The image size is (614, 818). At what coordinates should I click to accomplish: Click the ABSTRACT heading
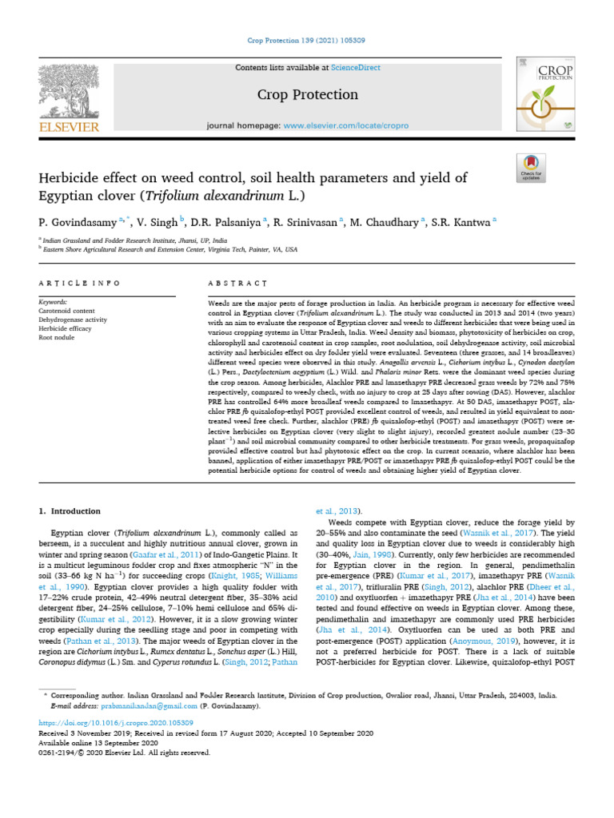click(237, 284)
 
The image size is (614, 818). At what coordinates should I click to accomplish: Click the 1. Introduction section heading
click(70, 511)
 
